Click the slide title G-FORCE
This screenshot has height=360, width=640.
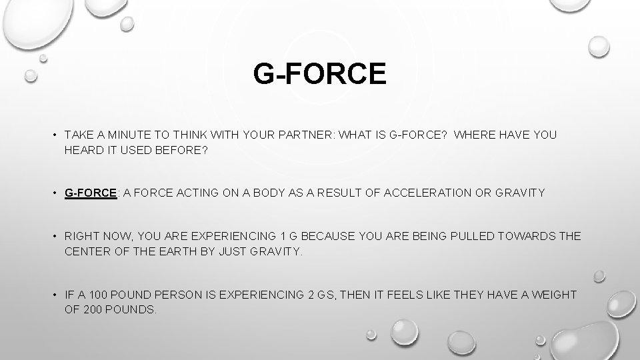point(319,73)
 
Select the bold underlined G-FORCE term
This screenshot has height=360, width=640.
point(90,193)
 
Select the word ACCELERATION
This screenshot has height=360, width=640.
point(421,193)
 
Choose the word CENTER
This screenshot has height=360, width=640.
point(87,252)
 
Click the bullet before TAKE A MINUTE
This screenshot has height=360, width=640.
point(53,135)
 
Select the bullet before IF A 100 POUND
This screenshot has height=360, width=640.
point(53,295)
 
